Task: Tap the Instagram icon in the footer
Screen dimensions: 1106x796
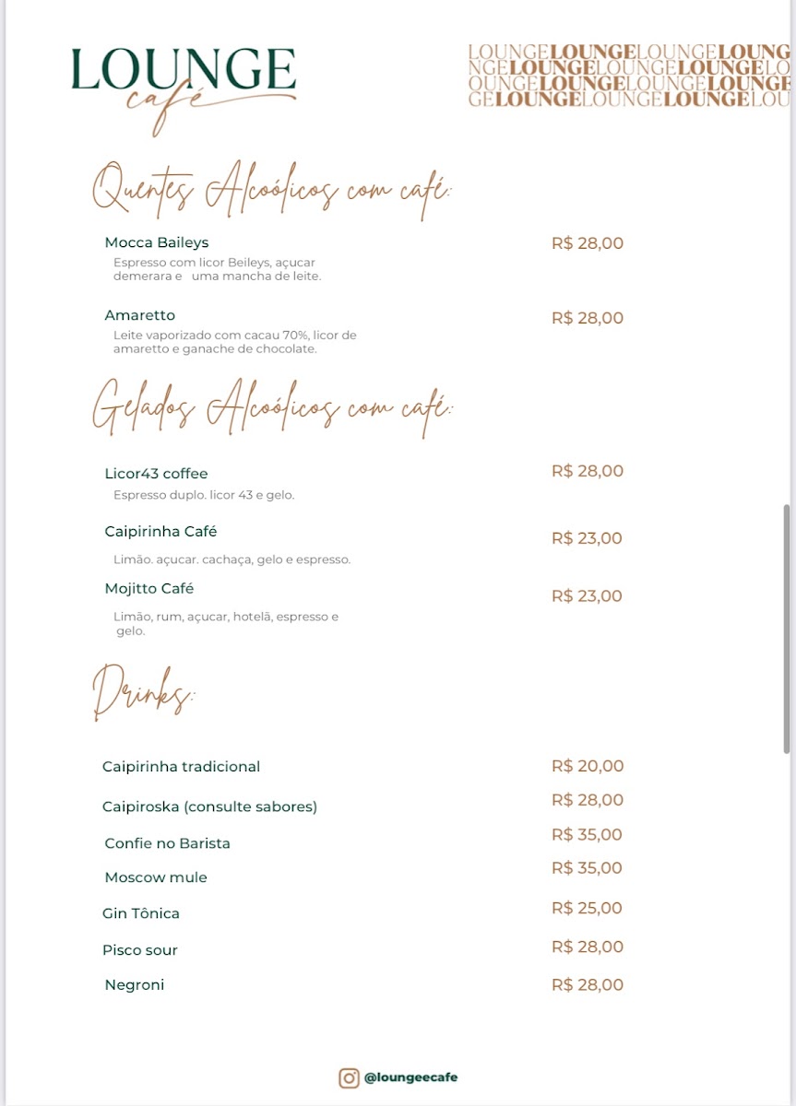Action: [x=349, y=1077]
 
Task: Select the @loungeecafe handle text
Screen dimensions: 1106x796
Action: [x=410, y=1077]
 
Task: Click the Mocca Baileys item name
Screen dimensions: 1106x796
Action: [x=157, y=242]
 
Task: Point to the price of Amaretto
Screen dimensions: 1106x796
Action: [x=588, y=318]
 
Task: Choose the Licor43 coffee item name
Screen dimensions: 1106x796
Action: [x=156, y=474]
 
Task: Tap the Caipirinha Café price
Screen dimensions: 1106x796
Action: [x=587, y=538]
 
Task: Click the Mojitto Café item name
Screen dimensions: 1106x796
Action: [x=149, y=589]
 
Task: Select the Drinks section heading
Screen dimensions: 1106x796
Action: [x=143, y=691]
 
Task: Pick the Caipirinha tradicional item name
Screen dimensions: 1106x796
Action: [x=181, y=767]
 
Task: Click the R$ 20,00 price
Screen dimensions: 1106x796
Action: [x=588, y=766]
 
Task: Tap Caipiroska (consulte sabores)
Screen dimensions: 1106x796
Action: [x=209, y=806]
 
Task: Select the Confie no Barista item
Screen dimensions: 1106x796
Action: [x=167, y=843]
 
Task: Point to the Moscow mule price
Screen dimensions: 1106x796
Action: [x=588, y=868]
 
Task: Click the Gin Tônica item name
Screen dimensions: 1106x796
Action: [x=141, y=913]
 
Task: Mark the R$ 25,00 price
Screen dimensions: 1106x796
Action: [x=588, y=908]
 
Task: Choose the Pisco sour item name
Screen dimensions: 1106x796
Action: [x=140, y=950]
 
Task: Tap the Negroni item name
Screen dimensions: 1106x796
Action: [x=135, y=985]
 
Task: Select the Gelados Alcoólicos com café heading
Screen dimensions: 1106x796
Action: [x=272, y=406]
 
